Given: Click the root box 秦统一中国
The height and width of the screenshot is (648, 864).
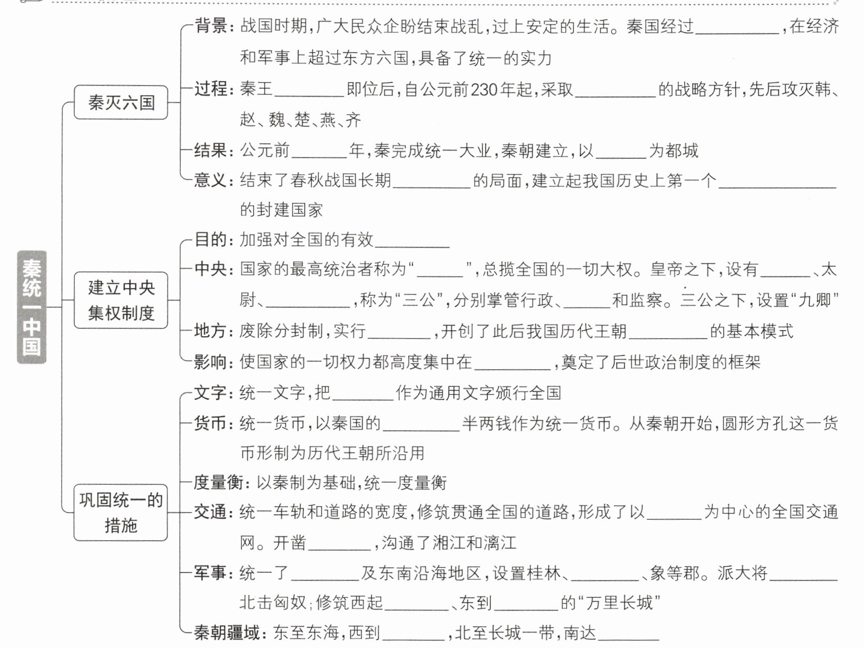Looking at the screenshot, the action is (x=32, y=307).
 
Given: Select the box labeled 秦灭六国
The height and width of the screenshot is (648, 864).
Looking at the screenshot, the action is (x=121, y=102).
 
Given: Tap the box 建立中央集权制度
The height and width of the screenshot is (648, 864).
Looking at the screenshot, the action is (x=121, y=300).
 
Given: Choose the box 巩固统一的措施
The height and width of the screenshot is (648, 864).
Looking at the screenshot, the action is (x=121, y=512).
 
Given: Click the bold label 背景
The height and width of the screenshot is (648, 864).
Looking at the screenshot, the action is (x=211, y=26).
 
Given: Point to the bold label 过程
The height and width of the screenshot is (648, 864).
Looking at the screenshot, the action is (x=211, y=89).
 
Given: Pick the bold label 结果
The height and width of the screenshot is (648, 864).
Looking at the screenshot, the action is (x=211, y=151).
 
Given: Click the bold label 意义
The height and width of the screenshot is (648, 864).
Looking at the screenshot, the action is (x=211, y=181).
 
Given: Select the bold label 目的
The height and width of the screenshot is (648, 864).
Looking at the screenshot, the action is (x=211, y=239).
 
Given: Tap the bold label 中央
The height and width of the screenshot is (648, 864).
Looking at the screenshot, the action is (x=211, y=269).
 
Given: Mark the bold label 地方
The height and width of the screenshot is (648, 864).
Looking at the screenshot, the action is (x=211, y=331).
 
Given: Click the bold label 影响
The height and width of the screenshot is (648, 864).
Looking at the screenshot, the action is (x=211, y=362).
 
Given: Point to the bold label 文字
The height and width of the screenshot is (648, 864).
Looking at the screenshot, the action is (x=211, y=392).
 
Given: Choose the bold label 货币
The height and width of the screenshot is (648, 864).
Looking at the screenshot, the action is (x=211, y=423).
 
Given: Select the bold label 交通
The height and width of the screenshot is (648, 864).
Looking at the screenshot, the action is (x=211, y=512).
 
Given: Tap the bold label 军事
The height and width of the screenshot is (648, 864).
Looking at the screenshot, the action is (x=211, y=573).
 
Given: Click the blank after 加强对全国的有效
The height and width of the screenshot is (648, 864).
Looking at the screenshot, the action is (x=412, y=241).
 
